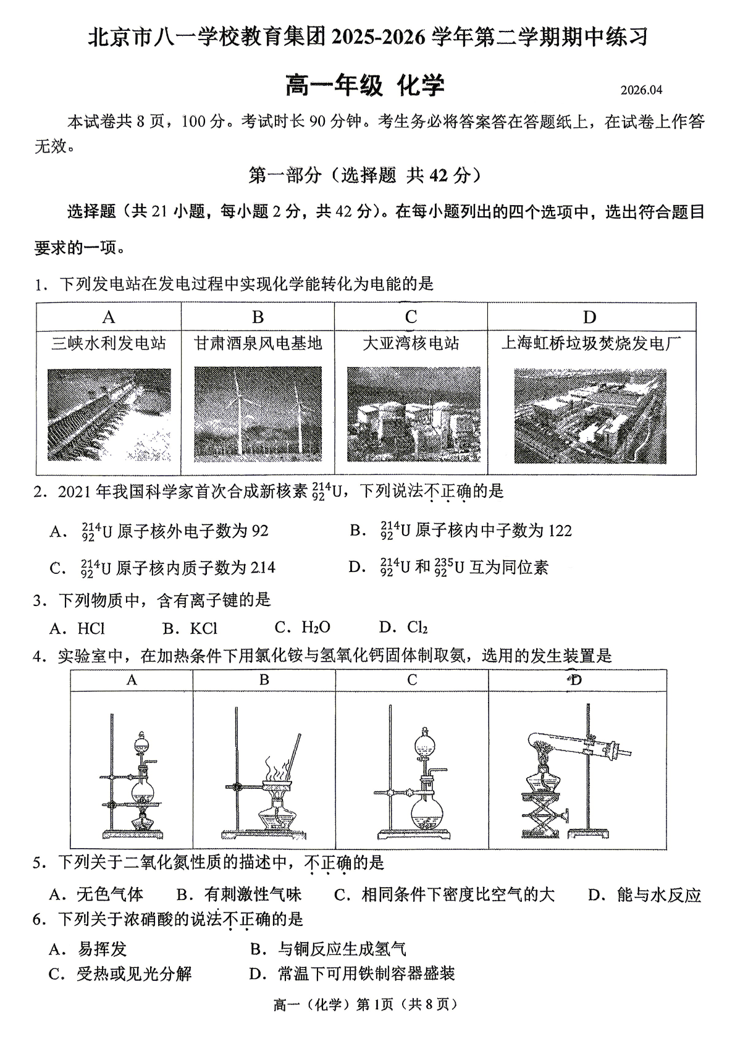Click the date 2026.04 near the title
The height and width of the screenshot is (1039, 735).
coord(641,90)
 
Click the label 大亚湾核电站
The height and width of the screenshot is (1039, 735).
coord(411,343)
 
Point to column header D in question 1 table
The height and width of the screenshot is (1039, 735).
coord(589,318)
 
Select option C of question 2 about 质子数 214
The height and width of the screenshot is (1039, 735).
coord(163,568)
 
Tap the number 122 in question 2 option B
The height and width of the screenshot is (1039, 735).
coord(559,531)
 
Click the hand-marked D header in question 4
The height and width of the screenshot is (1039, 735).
coord(575,680)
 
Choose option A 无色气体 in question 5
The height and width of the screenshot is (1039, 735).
coord(97,894)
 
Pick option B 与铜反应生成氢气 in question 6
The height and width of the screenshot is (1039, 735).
coord(328,949)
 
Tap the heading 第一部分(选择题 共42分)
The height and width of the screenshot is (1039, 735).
coord(364,176)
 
